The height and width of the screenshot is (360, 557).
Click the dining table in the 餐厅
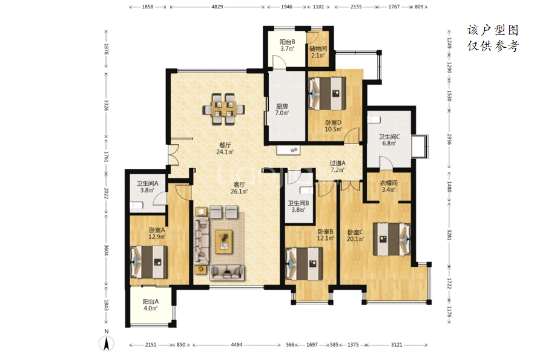point(224,109)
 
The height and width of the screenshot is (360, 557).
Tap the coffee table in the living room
point(224,242)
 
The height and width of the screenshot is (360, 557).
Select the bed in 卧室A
point(149,262)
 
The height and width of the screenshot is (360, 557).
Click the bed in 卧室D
point(327,93)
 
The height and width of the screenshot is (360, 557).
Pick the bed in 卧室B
point(305,263)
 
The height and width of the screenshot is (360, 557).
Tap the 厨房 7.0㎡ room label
point(282,110)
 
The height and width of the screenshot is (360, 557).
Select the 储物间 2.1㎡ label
point(318,52)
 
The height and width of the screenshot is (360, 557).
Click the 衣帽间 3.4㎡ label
point(389,186)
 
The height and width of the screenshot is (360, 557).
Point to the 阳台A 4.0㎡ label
point(151,304)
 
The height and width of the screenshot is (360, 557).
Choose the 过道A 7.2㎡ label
point(337,166)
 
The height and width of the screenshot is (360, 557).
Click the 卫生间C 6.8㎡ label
point(389,140)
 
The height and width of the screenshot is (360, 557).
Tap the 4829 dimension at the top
point(217,7)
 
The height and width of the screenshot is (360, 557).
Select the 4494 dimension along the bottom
point(237,344)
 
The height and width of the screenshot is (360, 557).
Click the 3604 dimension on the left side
point(106,250)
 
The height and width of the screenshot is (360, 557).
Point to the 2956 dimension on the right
point(449,139)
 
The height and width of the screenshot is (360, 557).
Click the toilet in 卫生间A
point(137,205)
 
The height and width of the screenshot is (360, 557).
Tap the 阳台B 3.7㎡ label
point(287,45)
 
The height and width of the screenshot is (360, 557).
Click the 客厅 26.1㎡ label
point(239,188)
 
